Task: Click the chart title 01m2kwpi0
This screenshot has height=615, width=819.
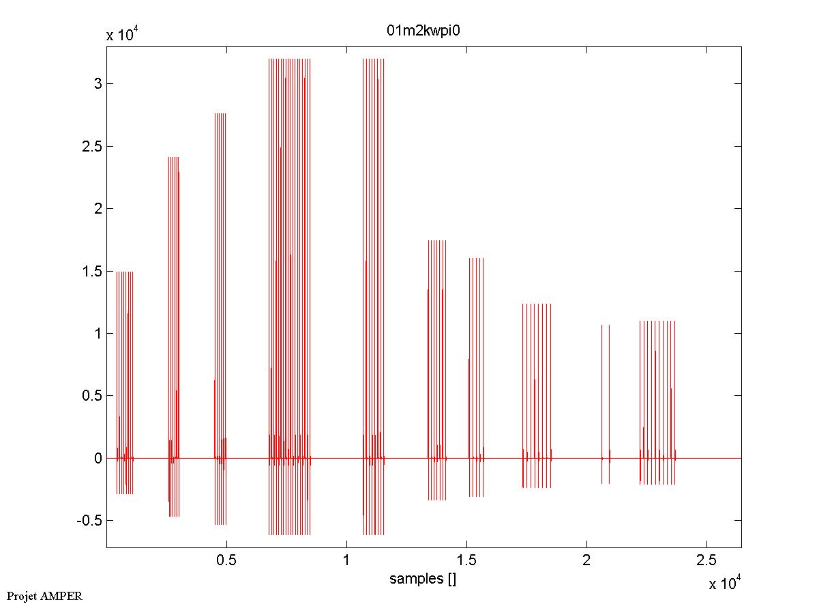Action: pos(425,31)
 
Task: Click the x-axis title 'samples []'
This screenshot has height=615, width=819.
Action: pos(423,579)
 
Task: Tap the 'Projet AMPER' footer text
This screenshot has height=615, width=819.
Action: pos(44,596)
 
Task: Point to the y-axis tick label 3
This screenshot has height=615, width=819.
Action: pos(98,83)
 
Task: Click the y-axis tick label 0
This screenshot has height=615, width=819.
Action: pos(98,458)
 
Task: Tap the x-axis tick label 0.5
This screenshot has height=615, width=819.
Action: pos(226,560)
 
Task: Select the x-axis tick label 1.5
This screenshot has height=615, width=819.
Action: pos(466,560)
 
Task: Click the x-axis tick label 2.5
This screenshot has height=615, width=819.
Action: pos(706,560)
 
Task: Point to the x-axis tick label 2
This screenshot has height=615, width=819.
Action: pos(586,560)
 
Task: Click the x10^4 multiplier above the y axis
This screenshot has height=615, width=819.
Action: pos(123,35)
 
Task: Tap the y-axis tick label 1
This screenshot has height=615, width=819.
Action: pos(98,333)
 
